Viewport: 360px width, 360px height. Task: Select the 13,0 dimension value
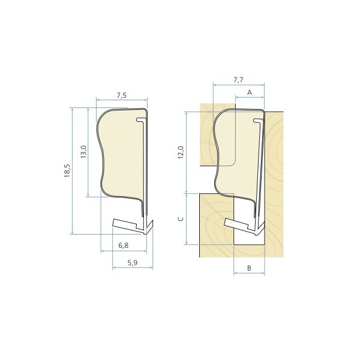coord(83,151)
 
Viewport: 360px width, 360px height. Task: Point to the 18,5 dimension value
coord(67,171)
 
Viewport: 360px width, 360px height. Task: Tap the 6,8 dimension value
coord(123,245)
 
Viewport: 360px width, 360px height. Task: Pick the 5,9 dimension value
coord(132,262)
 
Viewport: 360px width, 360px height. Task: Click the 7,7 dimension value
coord(238,79)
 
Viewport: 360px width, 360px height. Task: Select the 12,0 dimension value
coord(181,151)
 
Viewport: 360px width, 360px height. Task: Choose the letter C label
coord(181,220)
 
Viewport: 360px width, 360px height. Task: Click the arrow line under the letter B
coord(248,272)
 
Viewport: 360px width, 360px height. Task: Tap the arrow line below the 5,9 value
coord(132,268)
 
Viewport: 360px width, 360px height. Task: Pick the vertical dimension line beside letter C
coord(187,219)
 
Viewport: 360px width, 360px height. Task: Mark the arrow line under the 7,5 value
coord(122,101)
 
